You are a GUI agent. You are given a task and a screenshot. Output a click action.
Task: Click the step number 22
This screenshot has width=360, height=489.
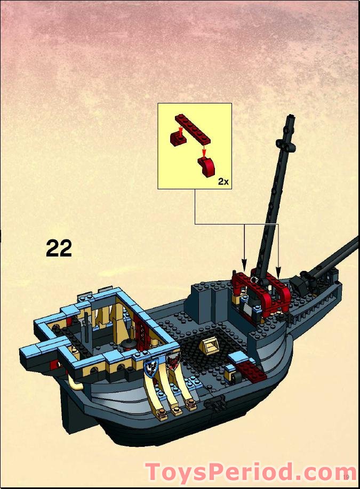pos(59,248)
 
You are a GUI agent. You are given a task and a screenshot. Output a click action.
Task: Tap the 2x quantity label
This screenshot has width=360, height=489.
pos(223,182)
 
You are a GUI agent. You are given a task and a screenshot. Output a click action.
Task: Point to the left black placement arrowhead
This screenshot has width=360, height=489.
pos(244,265)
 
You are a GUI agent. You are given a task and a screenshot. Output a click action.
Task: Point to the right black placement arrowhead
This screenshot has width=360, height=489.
pos(278,265)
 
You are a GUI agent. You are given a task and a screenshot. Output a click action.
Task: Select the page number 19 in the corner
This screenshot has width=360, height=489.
pos(347,476)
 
